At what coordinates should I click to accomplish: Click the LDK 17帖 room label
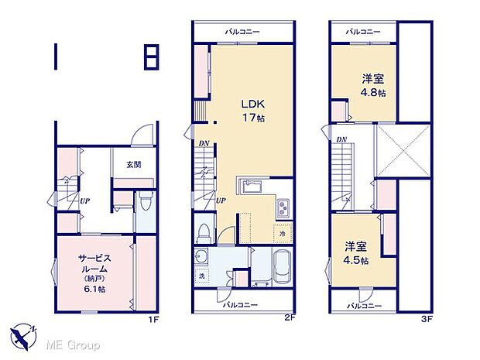click(x=253, y=111)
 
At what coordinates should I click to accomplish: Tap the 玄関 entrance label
click(x=134, y=165)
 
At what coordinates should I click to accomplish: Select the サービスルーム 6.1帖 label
click(x=94, y=273)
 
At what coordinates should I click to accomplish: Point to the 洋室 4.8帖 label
click(x=373, y=85)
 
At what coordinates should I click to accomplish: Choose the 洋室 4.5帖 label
click(x=355, y=253)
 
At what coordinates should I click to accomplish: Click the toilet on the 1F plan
click(x=145, y=201)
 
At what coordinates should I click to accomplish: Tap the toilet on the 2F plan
click(x=204, y=233)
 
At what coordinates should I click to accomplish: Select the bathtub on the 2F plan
click(x=283, y=266)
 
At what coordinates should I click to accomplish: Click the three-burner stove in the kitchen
click(x=284, y=208)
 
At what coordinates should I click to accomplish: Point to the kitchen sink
click(x=251, y=186)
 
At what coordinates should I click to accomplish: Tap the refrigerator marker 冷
click(x=283, y=234)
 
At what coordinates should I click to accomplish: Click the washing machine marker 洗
click(x=202, y=276)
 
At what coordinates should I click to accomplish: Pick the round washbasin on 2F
click(x=201, y=255)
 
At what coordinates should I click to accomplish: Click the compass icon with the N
click(x=23, y=337)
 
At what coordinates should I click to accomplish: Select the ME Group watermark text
click(x=73, y=345)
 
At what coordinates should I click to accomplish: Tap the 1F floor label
click(x=153, y=320)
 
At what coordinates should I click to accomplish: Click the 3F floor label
click(x=427, y=320)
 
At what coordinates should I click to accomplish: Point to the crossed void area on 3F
click(x=403, y=150)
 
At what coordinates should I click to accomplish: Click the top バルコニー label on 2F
click(x=242, y=32)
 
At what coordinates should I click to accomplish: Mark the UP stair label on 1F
click(x=85, y=201)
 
